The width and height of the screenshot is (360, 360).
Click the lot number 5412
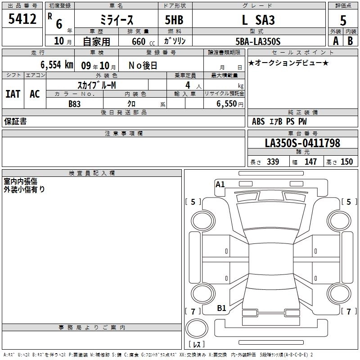pyautogui.click(x=22, y=19)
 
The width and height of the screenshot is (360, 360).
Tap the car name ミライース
pyautogui.click(x=117, y=20)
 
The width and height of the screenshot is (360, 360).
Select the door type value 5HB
pyautogui.click(x=174, y=20)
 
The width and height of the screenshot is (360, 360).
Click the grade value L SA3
pyautogui.click(x=258, y=20)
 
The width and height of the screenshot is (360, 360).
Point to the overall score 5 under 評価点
pyautogui.click(x=343, y=20)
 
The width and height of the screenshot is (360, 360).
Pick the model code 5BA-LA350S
pyautogui.click(x=258, y=41)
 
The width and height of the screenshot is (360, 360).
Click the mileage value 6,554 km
pyautogui.click(x=57, y=65)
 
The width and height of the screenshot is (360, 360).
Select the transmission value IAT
pyautogui.click(x=13, y=94)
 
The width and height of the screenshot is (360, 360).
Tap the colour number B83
pyautogui.click(x=75, y=104)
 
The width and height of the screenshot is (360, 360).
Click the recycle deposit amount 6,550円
pyautogui.click(x=230, y=104)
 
